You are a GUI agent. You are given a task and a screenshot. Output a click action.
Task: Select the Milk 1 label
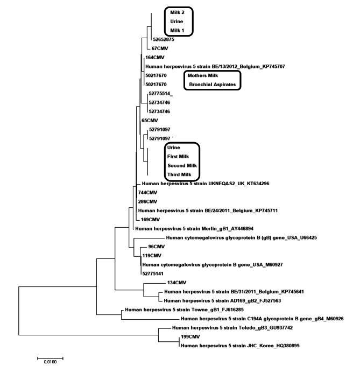178,31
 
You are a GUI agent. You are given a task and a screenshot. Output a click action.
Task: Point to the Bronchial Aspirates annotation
213,85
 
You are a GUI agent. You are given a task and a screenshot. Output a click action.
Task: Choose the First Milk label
179,156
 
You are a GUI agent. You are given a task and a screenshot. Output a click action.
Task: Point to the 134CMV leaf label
178,282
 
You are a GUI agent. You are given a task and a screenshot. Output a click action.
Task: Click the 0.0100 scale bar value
50,362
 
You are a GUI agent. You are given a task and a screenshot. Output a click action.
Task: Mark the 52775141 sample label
154,273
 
